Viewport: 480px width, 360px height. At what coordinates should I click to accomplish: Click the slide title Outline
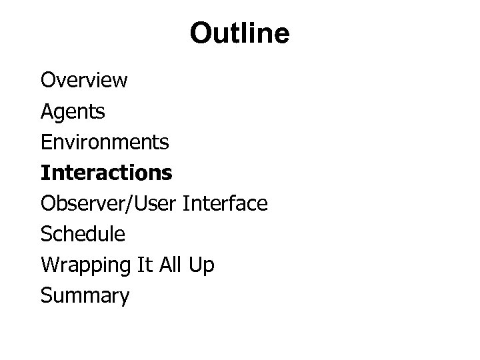(239, 33)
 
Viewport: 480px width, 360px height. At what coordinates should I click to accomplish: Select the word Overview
(84, 81)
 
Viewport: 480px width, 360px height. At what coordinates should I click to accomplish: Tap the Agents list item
(73, 111)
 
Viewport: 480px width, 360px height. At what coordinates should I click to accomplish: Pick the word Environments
(105, 142)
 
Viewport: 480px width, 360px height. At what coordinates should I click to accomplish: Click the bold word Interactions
(106, 173)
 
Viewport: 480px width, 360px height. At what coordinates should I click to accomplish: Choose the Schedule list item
(83, 234)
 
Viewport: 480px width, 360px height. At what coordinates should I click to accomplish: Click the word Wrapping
(85, 265)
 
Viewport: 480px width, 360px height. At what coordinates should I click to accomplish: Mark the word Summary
(85, 295)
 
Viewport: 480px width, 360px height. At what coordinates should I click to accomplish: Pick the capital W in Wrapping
(49, 265)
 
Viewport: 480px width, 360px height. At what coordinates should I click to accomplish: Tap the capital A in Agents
(47, 111)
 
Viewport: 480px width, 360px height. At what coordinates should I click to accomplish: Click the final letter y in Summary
(123, 297)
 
